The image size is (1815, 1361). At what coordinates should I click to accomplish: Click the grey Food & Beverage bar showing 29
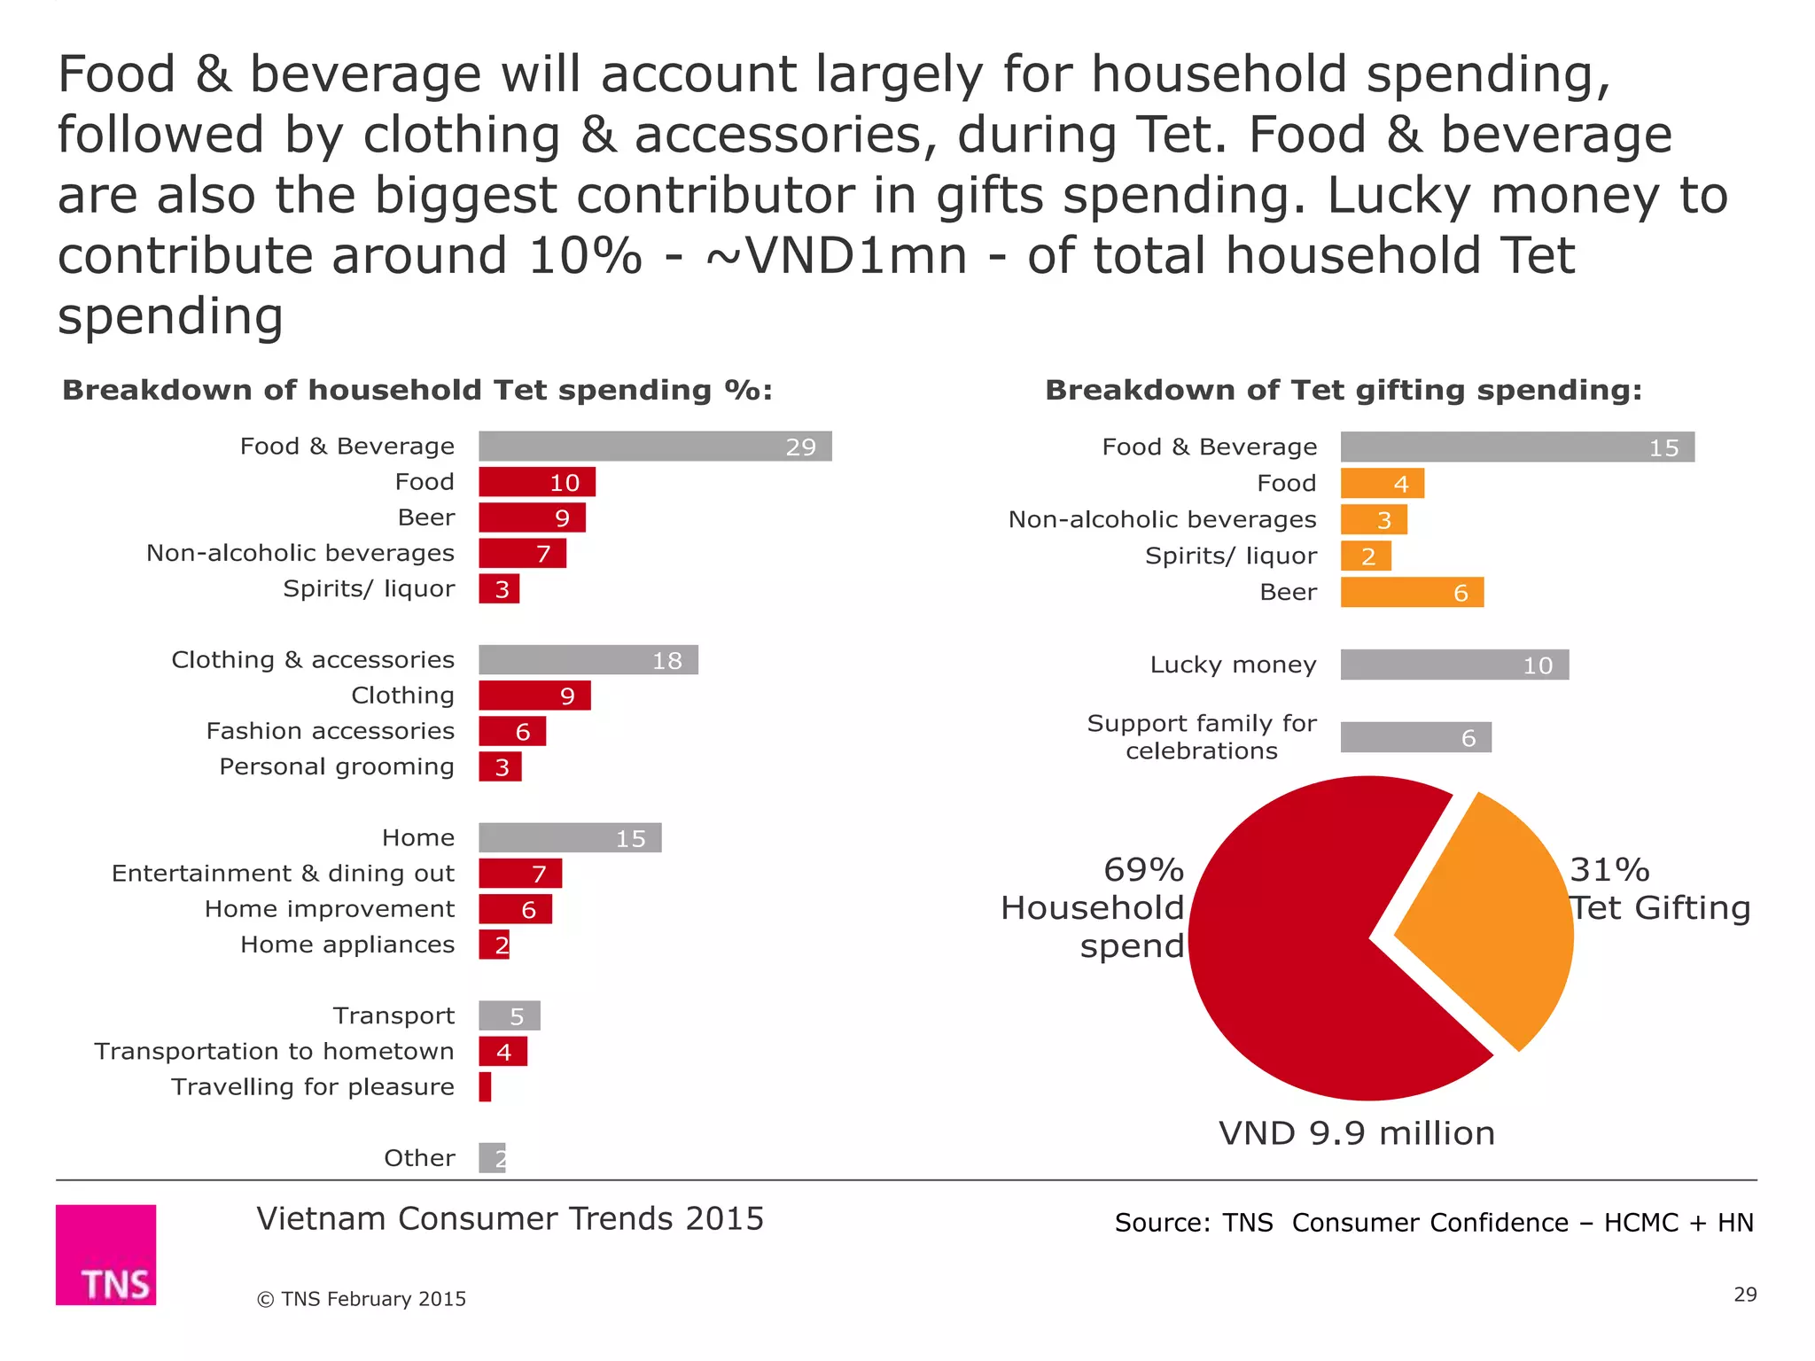click(x=654, y=446)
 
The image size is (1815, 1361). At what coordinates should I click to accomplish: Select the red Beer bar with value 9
click(x=532, y=517)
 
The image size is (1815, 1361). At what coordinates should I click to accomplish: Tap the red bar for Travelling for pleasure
click(x=485, y=1086)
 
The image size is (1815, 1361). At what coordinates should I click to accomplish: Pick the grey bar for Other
click(x=492, y=1157)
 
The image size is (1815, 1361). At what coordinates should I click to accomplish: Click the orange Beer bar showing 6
click(x=1411, y=592)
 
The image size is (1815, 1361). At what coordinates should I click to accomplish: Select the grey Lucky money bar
click(x=1453, y=665)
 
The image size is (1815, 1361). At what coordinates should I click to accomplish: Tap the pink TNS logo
click(x=105, y=1254)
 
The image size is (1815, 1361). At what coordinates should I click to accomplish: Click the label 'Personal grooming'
click(x=337, y=766)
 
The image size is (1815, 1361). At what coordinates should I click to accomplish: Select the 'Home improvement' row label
click(x=329, y=909)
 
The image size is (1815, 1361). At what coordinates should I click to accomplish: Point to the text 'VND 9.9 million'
click(x=1356, y=1133)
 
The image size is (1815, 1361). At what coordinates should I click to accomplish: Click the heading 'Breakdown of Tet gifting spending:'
click(x=1343, y=390)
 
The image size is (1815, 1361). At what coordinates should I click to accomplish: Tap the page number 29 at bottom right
click(x=1744, y=1295)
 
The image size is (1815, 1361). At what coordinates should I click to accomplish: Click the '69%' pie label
click(x=1143, y=869)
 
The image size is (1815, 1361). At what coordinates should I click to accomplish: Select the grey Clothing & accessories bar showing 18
click(x=588, y=659)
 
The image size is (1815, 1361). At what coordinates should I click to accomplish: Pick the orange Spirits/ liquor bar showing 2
click(x=1365, y=556)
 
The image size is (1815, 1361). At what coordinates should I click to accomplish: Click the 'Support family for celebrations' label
click(x=1202, y=736)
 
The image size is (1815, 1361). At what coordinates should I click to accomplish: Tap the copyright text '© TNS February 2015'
click(x=362, y=1299)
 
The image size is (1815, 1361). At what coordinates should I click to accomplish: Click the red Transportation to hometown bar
click(x=502, y=1051)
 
